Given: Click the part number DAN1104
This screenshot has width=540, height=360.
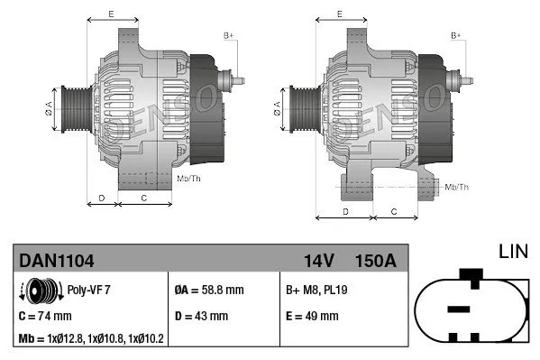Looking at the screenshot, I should point(57,261).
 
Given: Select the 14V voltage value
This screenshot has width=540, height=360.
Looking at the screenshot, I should point(319,261).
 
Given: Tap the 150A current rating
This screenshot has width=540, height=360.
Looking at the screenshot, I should point(377,261).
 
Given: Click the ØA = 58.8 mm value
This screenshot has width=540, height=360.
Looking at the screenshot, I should point(210,291).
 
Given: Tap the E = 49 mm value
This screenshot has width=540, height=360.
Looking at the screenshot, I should point(312,316).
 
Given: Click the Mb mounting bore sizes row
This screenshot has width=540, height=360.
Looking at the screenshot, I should point(90,339).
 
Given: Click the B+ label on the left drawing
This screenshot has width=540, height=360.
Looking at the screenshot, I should point(228,35).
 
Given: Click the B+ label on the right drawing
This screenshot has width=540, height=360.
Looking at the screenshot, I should point(456,35).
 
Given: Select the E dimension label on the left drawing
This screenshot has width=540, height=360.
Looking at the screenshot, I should point(111,14).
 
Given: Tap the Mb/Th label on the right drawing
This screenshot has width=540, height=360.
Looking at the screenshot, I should point(457,187).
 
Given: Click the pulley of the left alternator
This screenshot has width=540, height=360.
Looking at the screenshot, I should point(72,109).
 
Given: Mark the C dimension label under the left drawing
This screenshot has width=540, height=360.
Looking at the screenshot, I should point(144,197).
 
